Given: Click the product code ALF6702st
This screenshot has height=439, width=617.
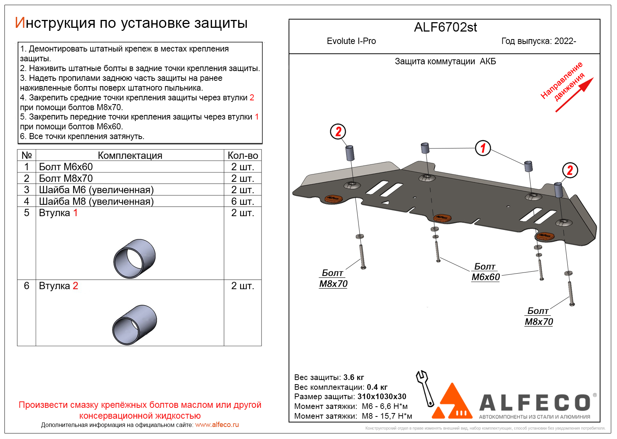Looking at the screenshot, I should tap(445, 27).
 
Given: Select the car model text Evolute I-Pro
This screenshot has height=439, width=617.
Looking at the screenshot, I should tap(351, 41).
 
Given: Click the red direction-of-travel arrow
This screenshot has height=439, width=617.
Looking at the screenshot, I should tap(574, 95).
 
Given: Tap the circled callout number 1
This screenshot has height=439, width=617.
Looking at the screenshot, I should tap(483, 148).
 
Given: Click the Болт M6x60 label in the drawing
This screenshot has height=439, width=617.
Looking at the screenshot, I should tap(485, 272).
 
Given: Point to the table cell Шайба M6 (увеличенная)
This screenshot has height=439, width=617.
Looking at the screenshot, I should tap(96, 190).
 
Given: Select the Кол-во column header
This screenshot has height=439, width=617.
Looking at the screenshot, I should tap(243, 156).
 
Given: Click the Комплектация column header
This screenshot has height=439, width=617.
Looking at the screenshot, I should tap(130, 156).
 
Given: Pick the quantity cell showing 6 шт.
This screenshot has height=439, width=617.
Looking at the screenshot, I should tap(243, 201).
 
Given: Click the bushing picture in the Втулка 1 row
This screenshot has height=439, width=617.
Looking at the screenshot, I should tap(135, 259).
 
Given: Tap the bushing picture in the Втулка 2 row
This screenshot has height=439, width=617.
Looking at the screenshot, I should tap(135, 325).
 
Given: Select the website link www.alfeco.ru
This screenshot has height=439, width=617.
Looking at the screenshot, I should tap(217, 425).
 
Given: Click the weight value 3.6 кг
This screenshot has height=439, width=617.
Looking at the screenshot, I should tap(354, 377).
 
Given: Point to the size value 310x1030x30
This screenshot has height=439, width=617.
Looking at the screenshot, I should tap(382, 397).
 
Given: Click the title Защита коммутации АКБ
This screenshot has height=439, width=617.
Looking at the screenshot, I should tap(445, 62).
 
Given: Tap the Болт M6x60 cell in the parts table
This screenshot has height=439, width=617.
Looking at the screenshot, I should tap(66, 167).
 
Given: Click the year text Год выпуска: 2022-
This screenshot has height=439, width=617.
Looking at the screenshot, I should tap(538, 41).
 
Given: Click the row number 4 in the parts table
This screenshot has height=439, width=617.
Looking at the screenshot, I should tap(27, 201).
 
